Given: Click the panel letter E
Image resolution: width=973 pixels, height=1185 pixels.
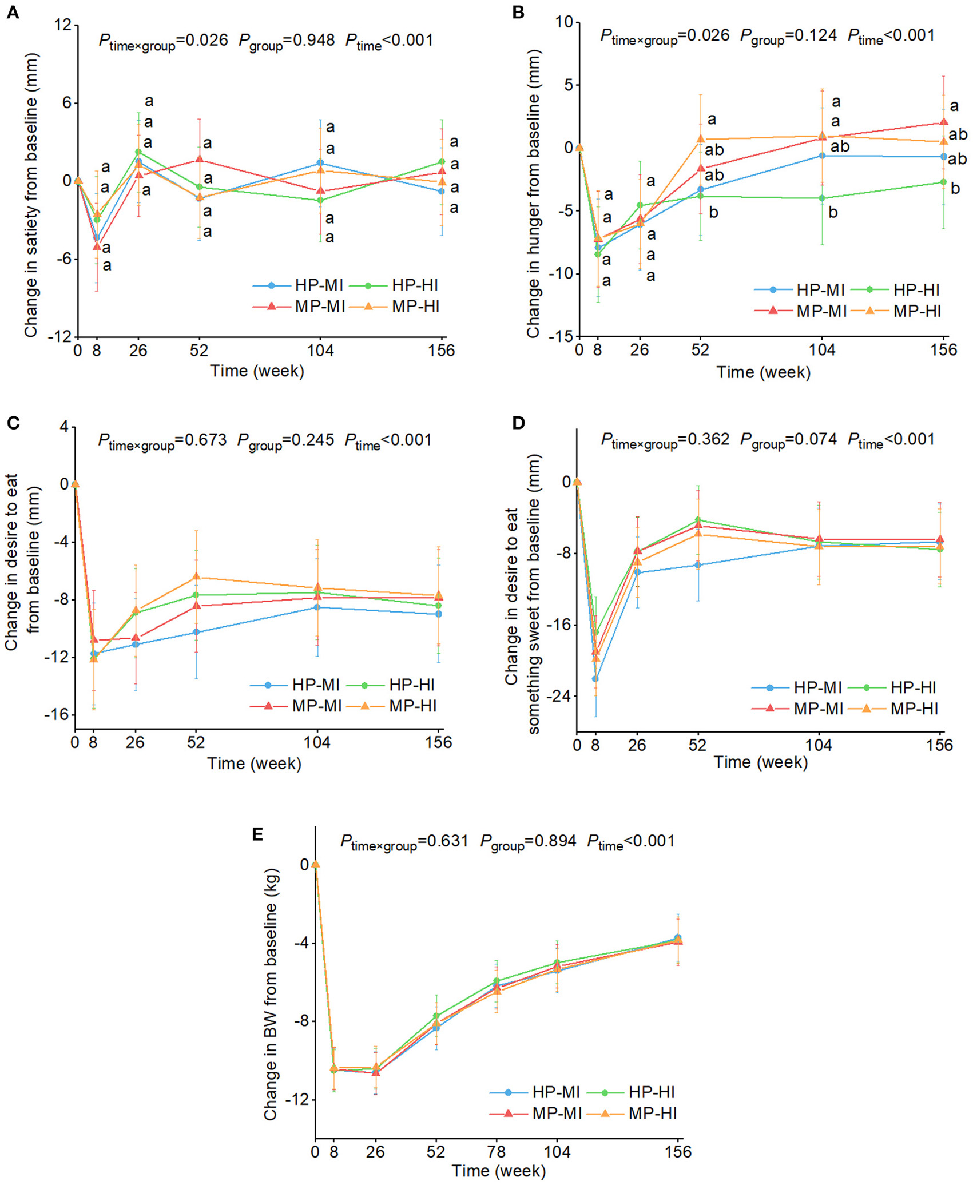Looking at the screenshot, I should click(257, 834).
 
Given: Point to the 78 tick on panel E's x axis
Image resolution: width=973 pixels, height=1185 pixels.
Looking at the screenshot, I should click(497, 1151).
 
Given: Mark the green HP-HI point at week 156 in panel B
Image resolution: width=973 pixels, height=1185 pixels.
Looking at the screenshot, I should click(943, 182).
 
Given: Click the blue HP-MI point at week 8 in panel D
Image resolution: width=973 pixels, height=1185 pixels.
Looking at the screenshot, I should click(595, 679).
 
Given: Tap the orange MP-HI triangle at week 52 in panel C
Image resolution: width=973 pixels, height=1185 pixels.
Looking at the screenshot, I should click(196, 576).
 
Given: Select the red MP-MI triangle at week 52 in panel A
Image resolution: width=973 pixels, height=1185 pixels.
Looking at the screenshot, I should click(199, 159).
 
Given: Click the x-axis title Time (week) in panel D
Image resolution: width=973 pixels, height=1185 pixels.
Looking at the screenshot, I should click(760, 762).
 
